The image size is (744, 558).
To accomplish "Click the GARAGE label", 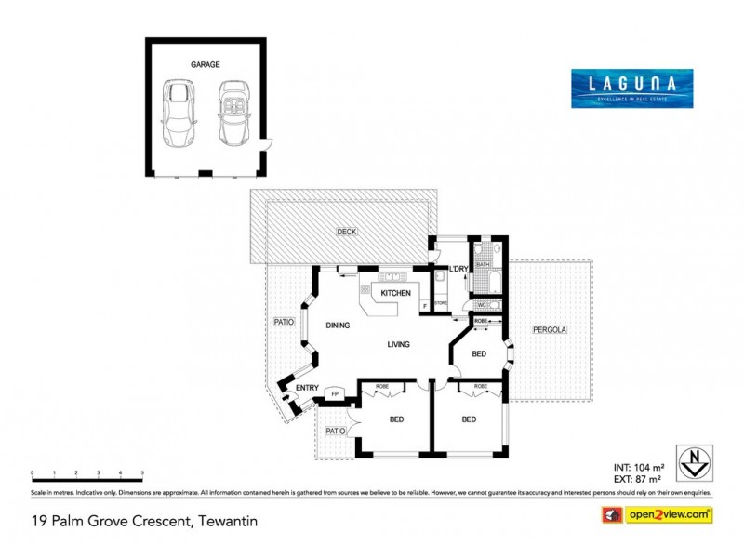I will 206,65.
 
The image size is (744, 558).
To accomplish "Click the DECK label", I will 348,232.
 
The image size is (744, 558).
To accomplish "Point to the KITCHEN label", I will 395,293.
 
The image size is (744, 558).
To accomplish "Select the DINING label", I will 337,326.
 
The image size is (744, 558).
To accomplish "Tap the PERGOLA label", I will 550,330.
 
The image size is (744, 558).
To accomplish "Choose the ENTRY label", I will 308,388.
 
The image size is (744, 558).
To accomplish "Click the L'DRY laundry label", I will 458,270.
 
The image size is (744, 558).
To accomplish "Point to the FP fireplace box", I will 335,394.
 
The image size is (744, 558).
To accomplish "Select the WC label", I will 482,305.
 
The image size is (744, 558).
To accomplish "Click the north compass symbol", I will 690,458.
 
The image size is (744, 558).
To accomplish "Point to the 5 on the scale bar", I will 142,473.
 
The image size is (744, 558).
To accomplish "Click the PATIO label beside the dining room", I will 283,322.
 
